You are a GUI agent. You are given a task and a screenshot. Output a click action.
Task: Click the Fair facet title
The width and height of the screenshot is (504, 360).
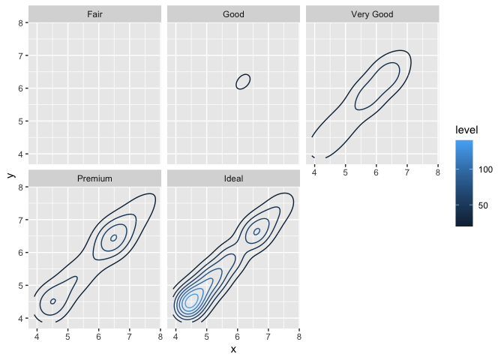[94, 14]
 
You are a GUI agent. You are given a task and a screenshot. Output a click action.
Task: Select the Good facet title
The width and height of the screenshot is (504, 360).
[233, 14]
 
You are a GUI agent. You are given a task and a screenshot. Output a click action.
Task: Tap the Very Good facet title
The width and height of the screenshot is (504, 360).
[372, 14]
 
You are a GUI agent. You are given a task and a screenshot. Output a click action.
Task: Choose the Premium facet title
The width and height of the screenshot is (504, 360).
[94, 178]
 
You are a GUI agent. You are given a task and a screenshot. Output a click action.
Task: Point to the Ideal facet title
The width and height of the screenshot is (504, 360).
[233, 178]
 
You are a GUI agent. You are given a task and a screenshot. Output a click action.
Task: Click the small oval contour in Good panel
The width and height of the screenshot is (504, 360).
[242, 81]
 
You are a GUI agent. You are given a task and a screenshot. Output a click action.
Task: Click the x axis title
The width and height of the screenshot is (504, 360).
[233, 349]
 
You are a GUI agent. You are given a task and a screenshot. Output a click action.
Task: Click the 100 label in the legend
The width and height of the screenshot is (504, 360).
[485, 170]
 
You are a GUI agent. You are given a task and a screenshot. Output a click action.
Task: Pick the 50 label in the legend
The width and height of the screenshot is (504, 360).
[485, 205]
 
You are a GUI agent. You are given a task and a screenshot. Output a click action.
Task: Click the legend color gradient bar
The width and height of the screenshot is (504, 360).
[463, 183]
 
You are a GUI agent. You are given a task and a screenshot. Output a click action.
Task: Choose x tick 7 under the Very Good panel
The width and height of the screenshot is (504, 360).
[406, 172]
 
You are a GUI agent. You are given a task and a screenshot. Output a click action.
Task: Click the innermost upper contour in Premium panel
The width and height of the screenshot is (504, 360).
[113, 238]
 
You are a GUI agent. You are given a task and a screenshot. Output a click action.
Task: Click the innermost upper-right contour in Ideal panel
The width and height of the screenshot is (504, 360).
[256, 231]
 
